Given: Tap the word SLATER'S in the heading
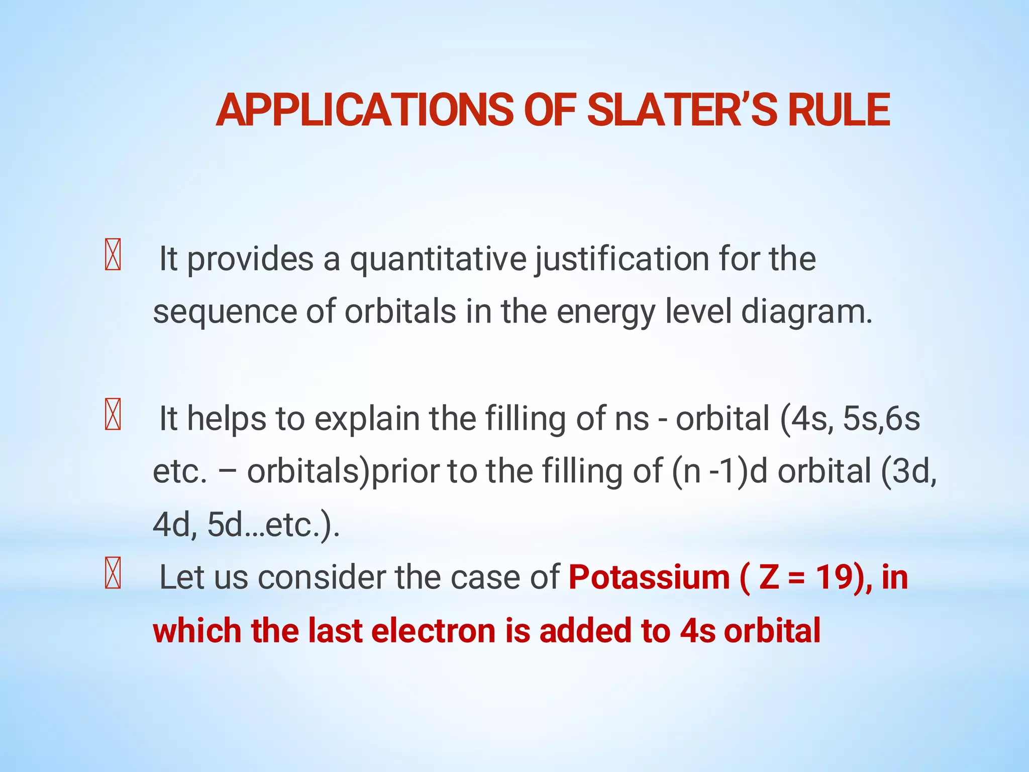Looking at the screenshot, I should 682,110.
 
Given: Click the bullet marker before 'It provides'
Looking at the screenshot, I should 113,255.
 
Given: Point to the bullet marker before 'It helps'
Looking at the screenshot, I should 113,414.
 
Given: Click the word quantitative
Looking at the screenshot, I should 438,259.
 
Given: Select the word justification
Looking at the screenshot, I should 622,259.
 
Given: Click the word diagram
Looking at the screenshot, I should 807,312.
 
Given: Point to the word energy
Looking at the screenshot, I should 606,312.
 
